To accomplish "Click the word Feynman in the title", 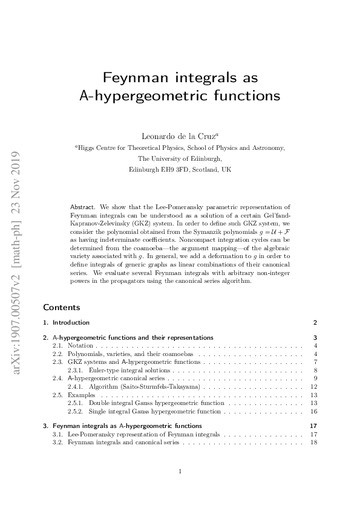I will point(129,78).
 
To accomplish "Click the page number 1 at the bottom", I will point(180,471).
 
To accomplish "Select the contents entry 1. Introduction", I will point(70,322).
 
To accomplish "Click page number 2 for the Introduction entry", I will point(315,322).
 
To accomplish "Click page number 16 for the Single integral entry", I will point(313,411).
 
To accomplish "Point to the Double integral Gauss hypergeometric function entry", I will point(151,403).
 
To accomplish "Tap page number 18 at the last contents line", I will point(313,443).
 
